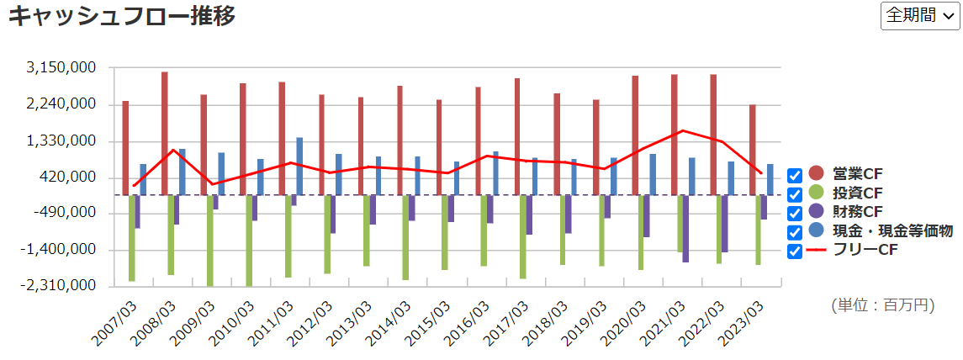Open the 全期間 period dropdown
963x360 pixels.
point(919,16)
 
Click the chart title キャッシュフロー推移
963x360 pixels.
point(122,15)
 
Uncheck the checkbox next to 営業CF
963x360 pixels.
point(795,175)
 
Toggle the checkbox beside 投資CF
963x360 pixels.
point(795,194)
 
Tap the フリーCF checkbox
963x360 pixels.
point(795,251)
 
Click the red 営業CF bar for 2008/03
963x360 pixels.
point(165,133)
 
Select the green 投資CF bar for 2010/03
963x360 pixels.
point(249,240)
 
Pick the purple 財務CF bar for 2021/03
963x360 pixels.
point(685,228)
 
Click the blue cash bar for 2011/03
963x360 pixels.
point(299,166)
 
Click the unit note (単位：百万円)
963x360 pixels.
point(882,304)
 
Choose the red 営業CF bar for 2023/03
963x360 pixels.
point(753,149)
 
